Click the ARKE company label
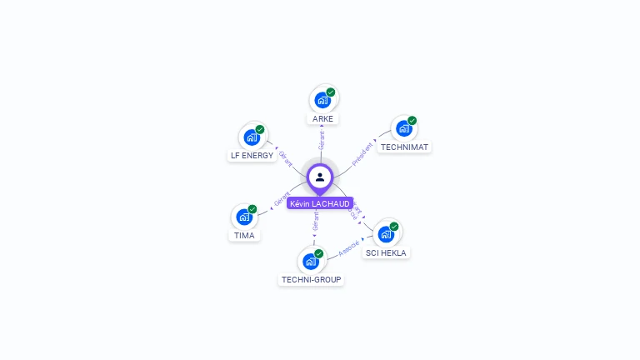click(x=322, y=119)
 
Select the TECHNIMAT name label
click(x=404, y=147)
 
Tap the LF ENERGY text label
click(x=252, y=156)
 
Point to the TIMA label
click(x=244, y=235)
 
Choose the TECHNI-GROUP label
click(x=311, y=280)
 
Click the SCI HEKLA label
click(x=387, y=252)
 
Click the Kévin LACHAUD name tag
click(x=320, y=203)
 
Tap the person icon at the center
click(x=320, y=177)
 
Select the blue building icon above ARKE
click(x=322, y=101)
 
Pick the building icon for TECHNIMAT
click(x=403, y=129)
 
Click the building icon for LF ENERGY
click(x=251, y=137)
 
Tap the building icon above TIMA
click(x=243, y=217)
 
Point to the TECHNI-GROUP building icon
click(x=310, y=262)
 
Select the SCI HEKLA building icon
click(x=386, y=234)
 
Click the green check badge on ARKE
click(x=331, y=92)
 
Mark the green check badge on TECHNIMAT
click(x=412, y=121)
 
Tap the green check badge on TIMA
click(x=252, y=209)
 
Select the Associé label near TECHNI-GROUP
click(x=349, y=247)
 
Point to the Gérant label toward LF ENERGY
click(x=285, y=158)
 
